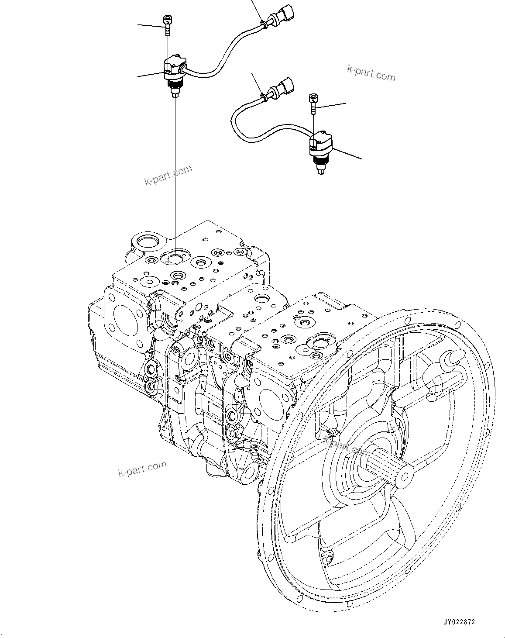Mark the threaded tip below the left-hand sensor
tap(175, 91)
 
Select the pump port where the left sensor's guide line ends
tap(175, 259)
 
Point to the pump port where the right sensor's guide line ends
tap(321, 341)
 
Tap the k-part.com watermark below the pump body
tap(142, 469)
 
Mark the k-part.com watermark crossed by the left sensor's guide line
tap(168, 175)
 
